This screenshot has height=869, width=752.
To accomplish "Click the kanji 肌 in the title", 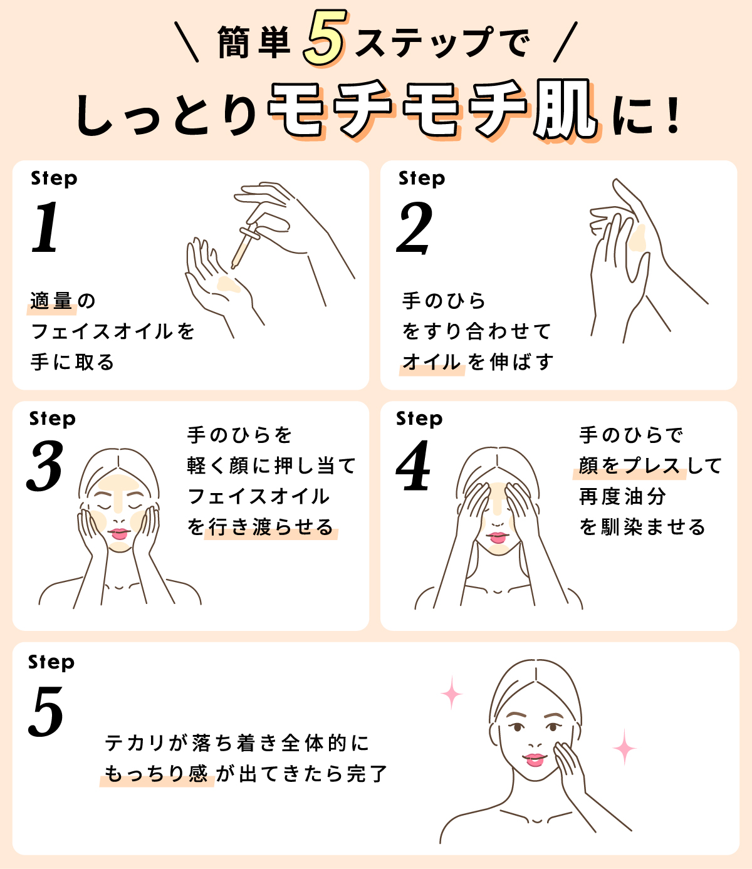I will click(x=564, y=111).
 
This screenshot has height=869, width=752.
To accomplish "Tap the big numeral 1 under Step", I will click(x=45, y=228).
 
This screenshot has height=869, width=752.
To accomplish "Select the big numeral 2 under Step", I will click(x=414, y=228).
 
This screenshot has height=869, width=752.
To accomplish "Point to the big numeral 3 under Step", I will click(x=45, y=466).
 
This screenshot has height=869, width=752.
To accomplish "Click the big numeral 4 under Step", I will click(x=414, y=466).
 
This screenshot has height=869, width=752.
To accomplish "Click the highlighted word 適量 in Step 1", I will click(x=52, y=301).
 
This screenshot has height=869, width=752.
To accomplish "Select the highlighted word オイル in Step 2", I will click(x=432, y=362).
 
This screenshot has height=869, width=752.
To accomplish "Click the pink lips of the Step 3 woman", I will click(x=119, y=534).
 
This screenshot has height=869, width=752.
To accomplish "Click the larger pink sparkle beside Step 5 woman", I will click(x=624, y=747).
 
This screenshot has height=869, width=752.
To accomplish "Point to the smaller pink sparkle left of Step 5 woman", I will click(x=451, y=692).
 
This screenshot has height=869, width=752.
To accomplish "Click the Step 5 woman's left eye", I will click(x=518, y=727).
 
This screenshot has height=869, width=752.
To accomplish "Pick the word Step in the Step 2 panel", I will click(x=422, y=179).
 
